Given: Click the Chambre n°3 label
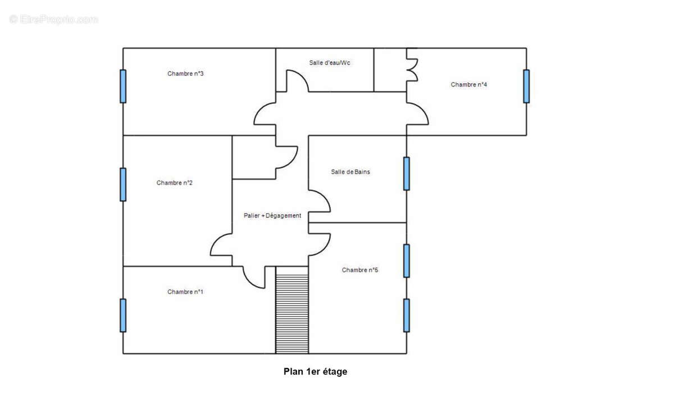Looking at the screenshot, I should click(185, 74).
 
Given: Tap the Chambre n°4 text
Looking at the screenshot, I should click(468, 85).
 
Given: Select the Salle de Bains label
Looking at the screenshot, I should click(350, 172).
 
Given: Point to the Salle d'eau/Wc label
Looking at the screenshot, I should click(330, 62).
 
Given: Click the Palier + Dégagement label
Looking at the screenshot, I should click(272, 215).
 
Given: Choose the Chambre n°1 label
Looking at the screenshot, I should click(185, 292).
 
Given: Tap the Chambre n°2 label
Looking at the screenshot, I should click(175, 183).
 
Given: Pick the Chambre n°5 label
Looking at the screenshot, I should click(360, 270).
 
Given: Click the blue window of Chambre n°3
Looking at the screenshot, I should click(123, 86).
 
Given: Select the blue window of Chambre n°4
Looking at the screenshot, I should click(526, 86).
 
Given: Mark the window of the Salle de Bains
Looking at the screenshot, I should click(406, 174).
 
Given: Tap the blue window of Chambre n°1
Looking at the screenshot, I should click(123, 315).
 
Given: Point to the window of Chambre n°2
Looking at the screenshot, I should click(123, 184).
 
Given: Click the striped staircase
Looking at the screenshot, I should click(292, 310).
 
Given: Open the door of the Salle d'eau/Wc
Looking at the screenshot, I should click(297, 82).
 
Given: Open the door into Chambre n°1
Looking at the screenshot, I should click(254, 277).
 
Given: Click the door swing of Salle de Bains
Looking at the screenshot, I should click(319, 201).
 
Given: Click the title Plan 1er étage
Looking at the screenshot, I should click(315, 372).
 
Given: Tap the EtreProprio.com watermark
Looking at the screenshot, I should click(54, 20).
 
